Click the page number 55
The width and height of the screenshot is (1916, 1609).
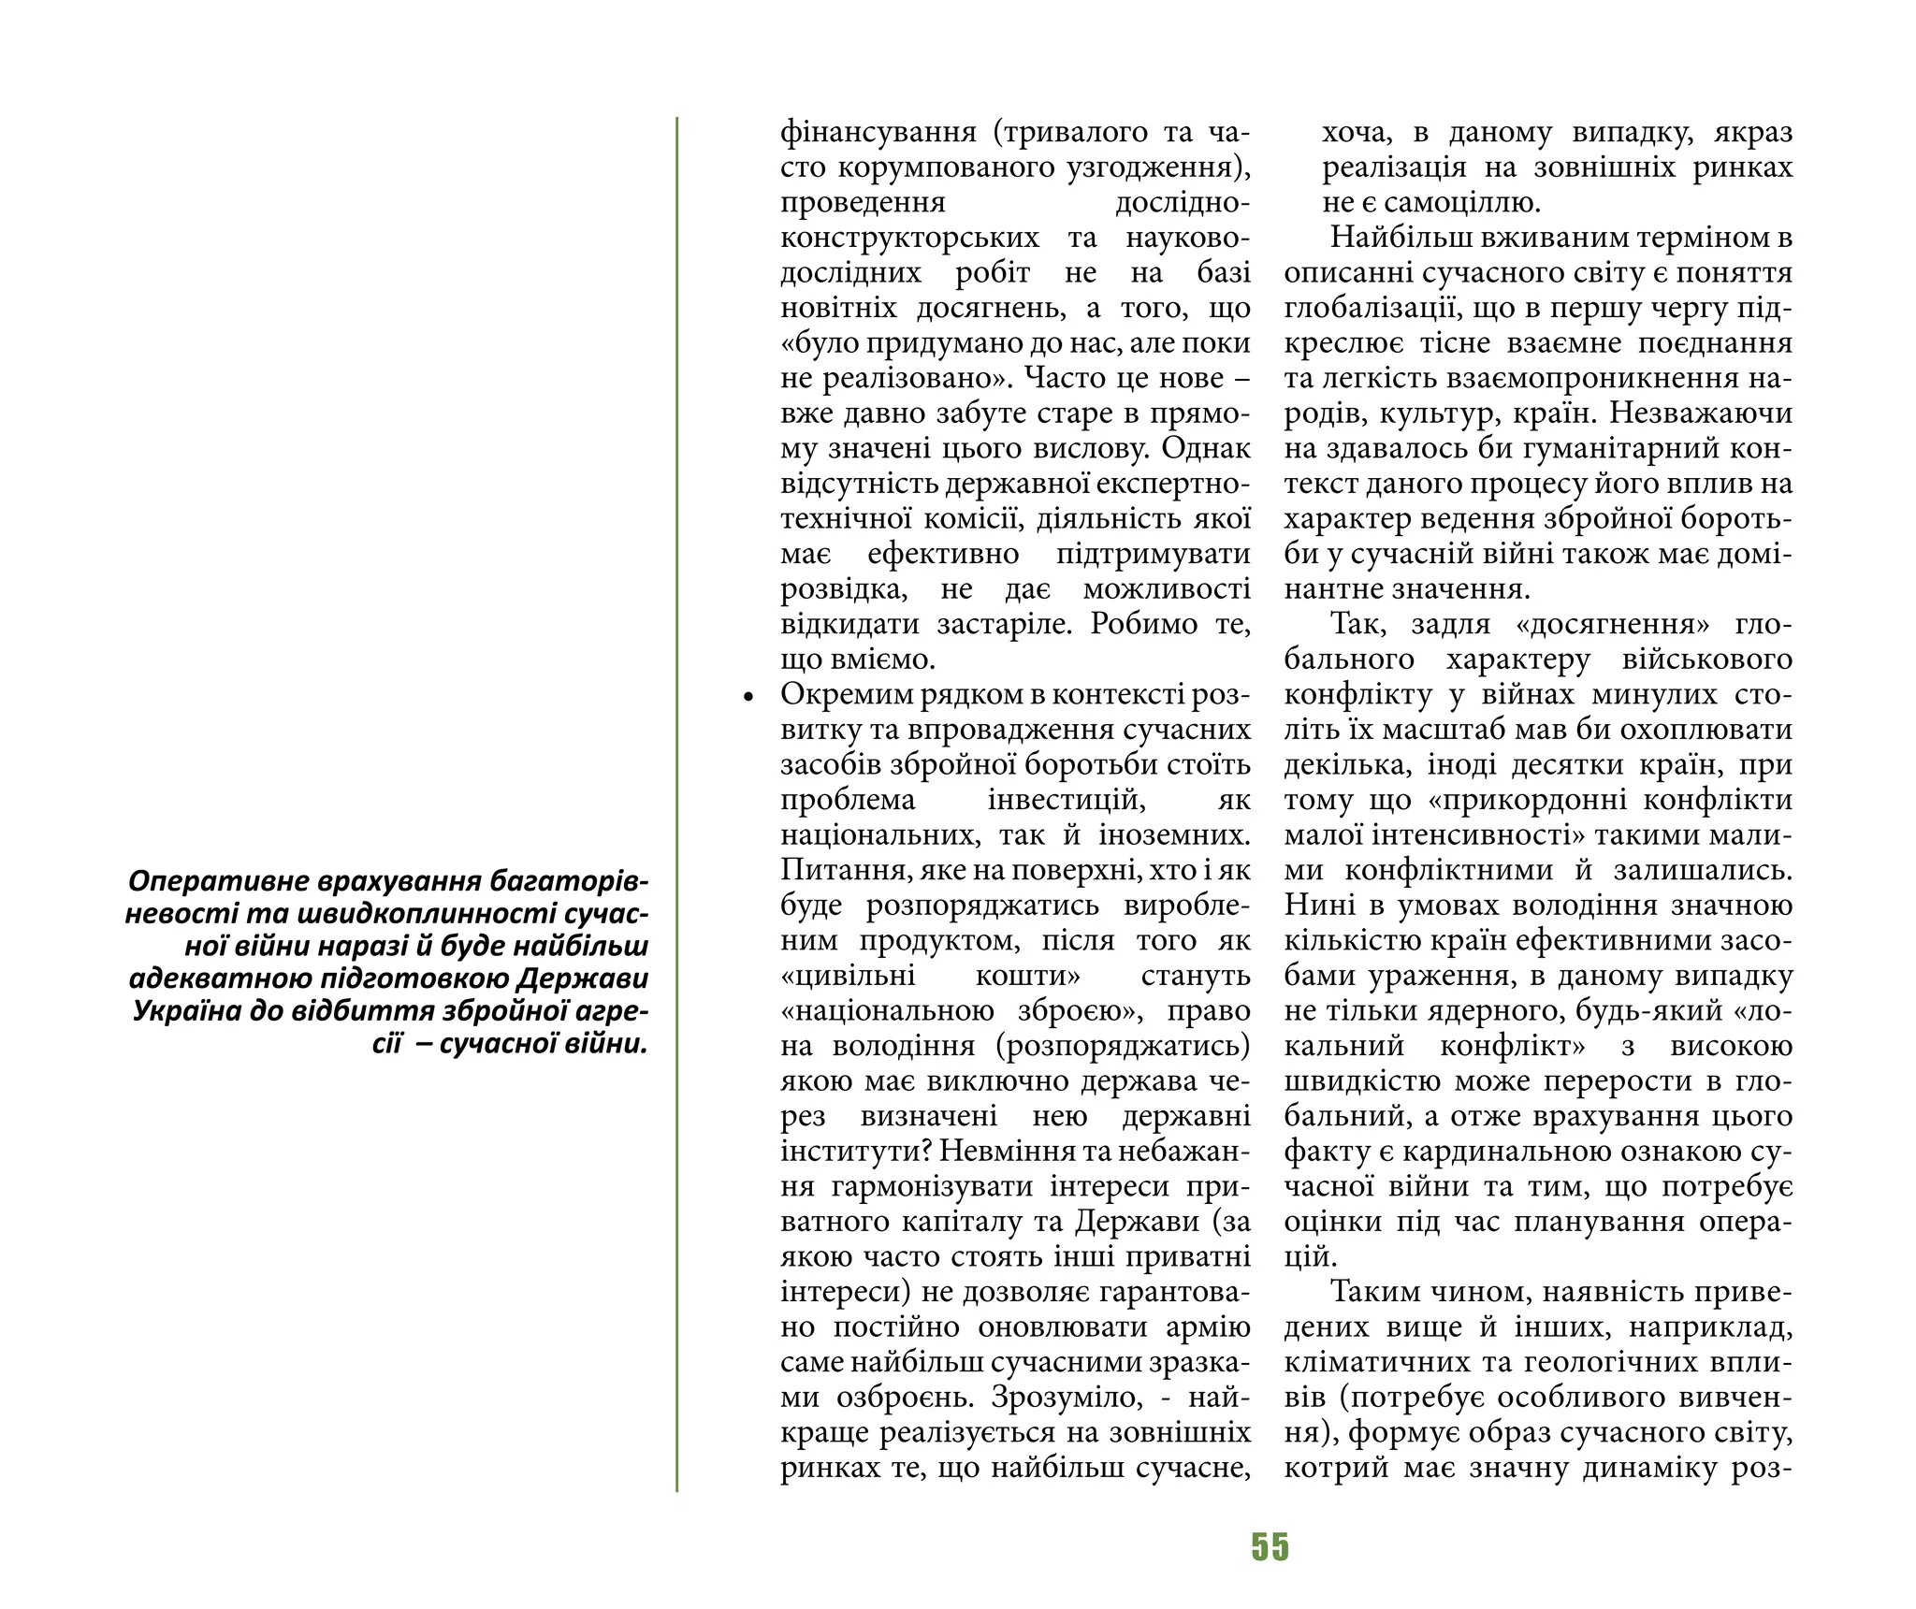pyautogui.click(x=1270, y=1547)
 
